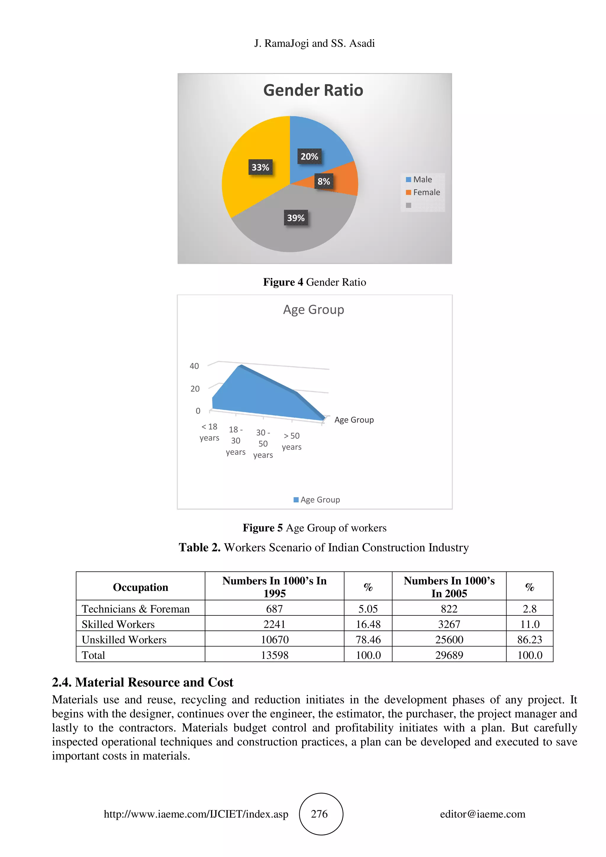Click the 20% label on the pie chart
[x=309, y=156]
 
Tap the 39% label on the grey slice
[x=295, y=218]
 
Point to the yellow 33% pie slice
[x=246, y=187]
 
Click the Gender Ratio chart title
[x=313, y=90]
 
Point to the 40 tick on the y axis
[x=194, y=366]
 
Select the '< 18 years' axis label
[x=209, y=432]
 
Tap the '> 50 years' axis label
[x=292, y=441]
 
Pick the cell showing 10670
[x=274, y=640]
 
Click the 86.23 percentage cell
[x=529, y=640]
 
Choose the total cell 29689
[x=449, y=655]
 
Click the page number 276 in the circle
[x=320, y=814]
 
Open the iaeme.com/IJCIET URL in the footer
[x=196, y=814]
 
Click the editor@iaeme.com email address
[x=482, y=814]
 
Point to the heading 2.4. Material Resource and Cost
[x=142, y=682]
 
